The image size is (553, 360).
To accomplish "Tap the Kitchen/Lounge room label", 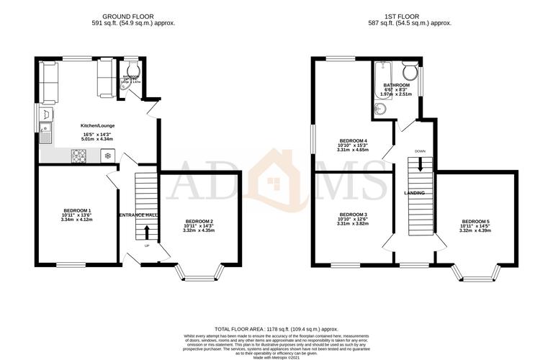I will coord(97,126).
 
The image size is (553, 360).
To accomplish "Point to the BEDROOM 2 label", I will coord(199,221).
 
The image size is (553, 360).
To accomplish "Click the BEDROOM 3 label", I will coord(353,215).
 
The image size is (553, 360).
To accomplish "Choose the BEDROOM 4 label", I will coord(353,141).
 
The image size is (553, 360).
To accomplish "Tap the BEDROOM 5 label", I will coord(475,221).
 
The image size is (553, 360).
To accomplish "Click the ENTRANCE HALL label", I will coord(138,215).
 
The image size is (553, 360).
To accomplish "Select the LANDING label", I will coord(413,194).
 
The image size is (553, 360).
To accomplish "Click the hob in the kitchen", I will coord(78,156).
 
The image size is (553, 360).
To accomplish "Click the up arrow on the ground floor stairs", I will coord(146,232).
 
